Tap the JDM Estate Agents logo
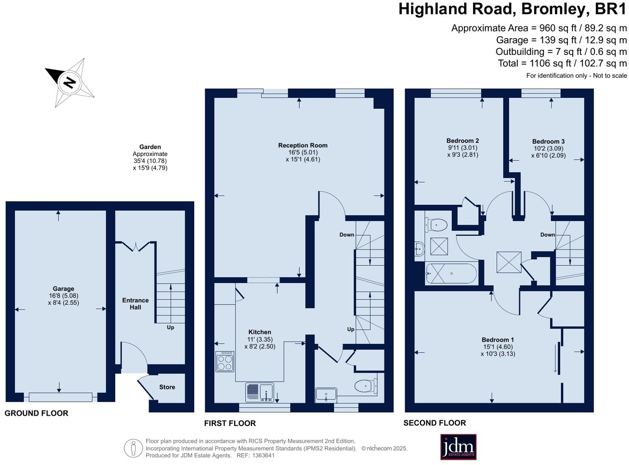[458, 447]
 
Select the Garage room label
[63, 289]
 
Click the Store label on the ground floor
[167, 387]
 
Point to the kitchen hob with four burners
[225, 361]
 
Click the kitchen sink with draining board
[260, 392]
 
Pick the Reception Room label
[303, 145]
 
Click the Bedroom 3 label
[548, 142]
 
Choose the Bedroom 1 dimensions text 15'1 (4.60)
[498, 347]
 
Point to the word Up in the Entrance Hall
[170, 327]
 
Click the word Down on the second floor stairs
[547, 235]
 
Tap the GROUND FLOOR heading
[37, 413]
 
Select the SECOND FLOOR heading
[434, 423]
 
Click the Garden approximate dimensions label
[150, 157]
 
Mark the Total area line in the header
[562, 63]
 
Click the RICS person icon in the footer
[133, 448]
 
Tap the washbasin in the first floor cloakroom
[326, 395]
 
